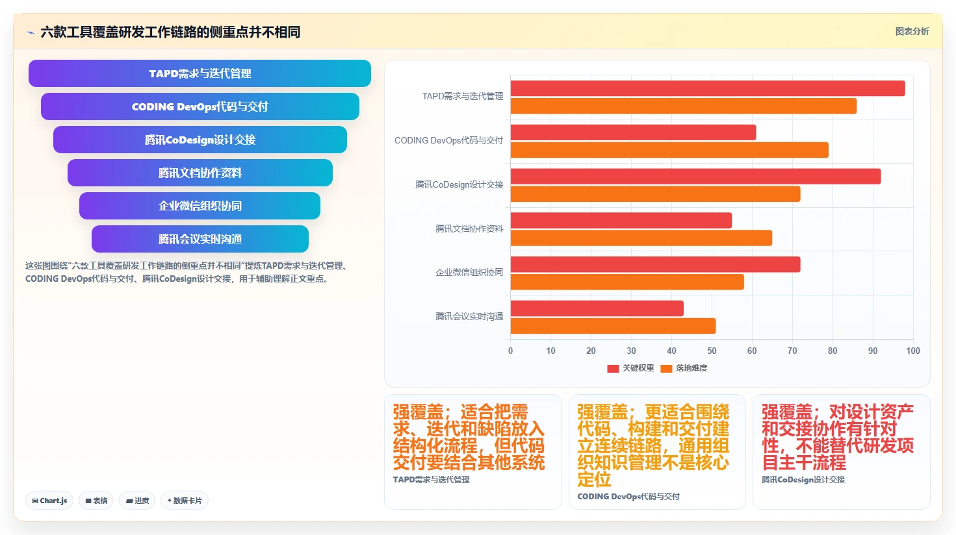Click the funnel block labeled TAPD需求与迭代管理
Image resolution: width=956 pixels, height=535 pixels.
click(x=200, y=73)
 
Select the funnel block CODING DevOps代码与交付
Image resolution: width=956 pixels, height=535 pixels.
click(x=200, y=106)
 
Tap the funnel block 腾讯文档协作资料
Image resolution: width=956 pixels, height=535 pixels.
click(x=200, y=173)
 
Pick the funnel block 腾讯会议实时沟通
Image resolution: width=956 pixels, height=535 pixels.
click(x=200, y=239)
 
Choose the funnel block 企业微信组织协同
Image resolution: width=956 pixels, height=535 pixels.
click(x=200, y=206)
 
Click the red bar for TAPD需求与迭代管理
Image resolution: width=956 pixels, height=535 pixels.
click(x=708, y=88)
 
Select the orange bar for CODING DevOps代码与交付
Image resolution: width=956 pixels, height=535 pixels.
click(x=669, y=150)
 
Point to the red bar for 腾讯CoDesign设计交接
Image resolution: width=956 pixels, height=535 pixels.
click(x=695, y=177)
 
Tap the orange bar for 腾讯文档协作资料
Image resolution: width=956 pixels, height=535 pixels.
click(x=641, y=238)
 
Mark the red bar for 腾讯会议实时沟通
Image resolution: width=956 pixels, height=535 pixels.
click(x=597, y=308)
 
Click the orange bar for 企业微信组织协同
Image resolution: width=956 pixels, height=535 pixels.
click(x=627, y=282)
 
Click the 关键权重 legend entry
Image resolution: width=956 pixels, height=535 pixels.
click(x=630, y=368)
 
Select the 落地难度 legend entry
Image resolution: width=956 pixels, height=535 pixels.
click(x=684, y=368)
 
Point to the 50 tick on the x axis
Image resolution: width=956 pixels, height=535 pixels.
click(x=712, y=351)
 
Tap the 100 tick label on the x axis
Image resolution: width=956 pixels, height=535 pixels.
click(x=913, y=351)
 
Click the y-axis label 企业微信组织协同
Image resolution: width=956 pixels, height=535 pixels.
click(x=469, y=273)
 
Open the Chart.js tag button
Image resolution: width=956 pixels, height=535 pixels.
click(x=49, y=501)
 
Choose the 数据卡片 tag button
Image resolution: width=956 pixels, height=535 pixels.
click(x=185, y=501)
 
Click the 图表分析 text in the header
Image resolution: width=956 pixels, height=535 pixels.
click(x=912, y=32)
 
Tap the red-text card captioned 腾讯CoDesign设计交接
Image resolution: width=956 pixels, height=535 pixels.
click(x=841, y=451)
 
